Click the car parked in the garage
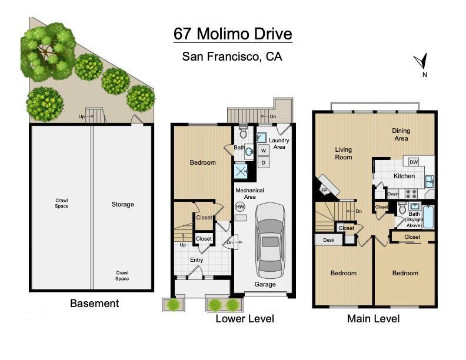click(270, 240)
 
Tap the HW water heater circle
click(240, 206)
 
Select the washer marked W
click(264, 151)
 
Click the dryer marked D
click(264, 162)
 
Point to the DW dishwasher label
click(414, 162)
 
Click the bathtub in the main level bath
click(428, 216)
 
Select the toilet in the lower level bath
click(244, 132)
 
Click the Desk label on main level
click(329, 240)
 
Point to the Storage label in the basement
click(123, 204)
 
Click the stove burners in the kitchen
click(411, 194)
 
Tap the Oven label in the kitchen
click(392, 194)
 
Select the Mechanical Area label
click(249, 194)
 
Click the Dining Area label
click(401, 135)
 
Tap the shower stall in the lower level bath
click(241, 171)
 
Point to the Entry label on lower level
click(197, 260)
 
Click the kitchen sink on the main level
click(429, 181)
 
